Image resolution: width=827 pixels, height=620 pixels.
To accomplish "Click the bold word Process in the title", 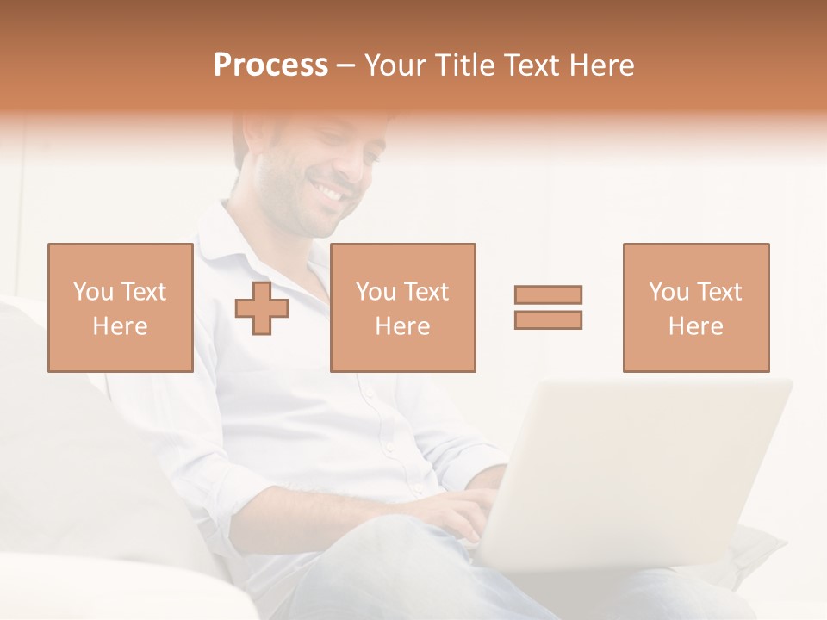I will click(x=270, y=65).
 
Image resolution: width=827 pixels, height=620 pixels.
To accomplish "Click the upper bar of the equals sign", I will click(x=548, y=294).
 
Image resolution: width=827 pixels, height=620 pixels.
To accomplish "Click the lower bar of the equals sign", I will click(x=548, y=319).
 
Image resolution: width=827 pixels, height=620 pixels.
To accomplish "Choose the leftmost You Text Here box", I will click(x=121, y=307).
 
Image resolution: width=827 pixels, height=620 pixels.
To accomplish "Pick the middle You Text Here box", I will click(x=402, y=307).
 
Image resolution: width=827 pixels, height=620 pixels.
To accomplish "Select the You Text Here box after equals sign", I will click(x=695, y=307).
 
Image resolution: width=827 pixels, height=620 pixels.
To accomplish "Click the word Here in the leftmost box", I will click(x=121, y=326).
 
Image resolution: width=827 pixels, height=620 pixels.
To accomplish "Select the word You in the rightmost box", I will click(x=668, y=292).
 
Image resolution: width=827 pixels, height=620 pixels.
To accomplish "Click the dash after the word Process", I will click(x=346, y=66).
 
